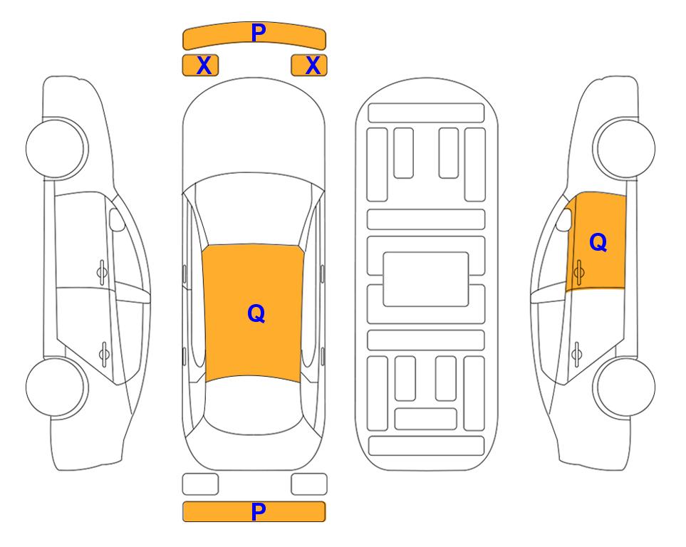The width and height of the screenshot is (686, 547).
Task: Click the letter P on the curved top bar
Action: [x=259, y=33]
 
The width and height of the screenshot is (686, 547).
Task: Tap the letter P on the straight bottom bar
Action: [x=259, y=511]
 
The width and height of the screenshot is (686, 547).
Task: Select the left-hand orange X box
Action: [x=200, y=66]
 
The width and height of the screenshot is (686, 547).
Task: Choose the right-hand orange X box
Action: [x=309, y=66]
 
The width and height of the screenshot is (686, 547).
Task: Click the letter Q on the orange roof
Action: [x=256, y=313]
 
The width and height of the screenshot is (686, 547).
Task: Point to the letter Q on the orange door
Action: [x=598, y=242]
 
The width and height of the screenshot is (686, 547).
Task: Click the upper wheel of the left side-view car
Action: [x=56, y=149]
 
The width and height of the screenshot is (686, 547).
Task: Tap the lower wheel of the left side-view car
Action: [x=56, y=387]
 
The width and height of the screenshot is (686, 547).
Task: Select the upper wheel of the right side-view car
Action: [x=624, y=148]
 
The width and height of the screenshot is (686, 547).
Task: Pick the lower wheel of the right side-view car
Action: [x=625, y=387]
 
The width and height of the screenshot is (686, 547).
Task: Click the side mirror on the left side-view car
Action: [x=116, y=219]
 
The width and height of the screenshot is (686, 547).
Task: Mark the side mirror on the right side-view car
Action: [x=564, y=219]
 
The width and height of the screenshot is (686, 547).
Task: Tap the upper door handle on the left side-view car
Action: [x=102, y=272]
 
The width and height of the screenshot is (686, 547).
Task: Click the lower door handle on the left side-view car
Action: [x=104, y=353]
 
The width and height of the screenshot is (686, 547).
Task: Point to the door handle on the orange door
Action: [x=579, y=272]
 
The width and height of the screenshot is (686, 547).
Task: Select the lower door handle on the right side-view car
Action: [x=577, y=353]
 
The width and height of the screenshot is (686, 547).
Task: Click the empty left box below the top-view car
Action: [x=200, y=484]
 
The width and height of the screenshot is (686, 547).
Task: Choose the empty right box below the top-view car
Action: [x=309, y=484]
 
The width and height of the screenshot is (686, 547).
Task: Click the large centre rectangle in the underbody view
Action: [x=426, y=279]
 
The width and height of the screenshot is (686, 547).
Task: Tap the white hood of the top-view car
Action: [x=254, y=131]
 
